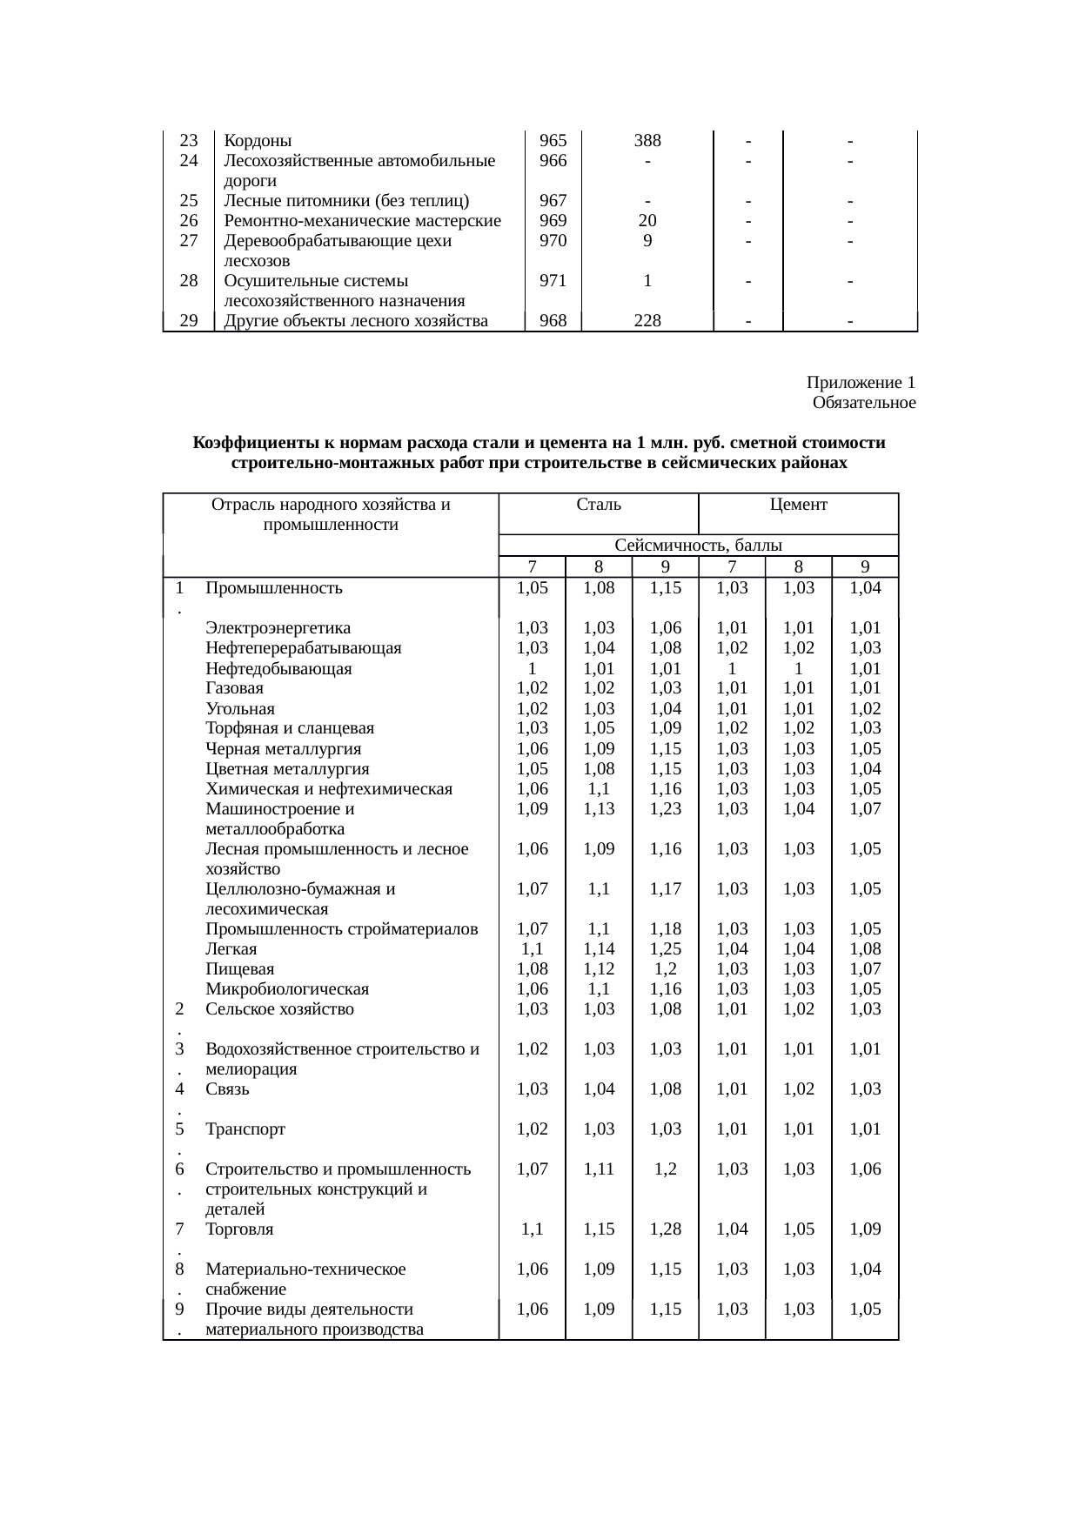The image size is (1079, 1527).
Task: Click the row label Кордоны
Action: pos(258,141)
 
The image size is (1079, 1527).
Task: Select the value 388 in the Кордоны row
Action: pos(647,141)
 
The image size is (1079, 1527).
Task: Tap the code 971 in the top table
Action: pos(553,281)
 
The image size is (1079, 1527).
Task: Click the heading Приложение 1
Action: pos(861,383)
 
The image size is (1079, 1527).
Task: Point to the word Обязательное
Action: pos(864,403)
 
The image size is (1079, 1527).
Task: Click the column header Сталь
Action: pos(598,505)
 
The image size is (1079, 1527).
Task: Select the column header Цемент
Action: pos(798,505)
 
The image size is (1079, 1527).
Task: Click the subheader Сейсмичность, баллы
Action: pos(698,546)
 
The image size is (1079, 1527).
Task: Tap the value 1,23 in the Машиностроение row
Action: pos(666,809)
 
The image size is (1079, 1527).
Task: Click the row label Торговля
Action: pos(239,1229)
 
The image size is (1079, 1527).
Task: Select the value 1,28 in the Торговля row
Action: pos(666,1229)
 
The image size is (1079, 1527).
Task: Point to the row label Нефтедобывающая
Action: pos(278,669)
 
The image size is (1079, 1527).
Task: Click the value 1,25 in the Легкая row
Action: pos(666,949)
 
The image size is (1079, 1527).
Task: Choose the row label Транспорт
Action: pos(245,1130)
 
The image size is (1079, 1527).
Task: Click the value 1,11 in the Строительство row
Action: pos(599,1169)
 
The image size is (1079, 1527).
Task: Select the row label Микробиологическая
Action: pos(287,989)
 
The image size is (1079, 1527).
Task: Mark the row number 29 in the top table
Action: pos(188,321)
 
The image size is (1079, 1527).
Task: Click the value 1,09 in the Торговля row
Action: pos(865,1229)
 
